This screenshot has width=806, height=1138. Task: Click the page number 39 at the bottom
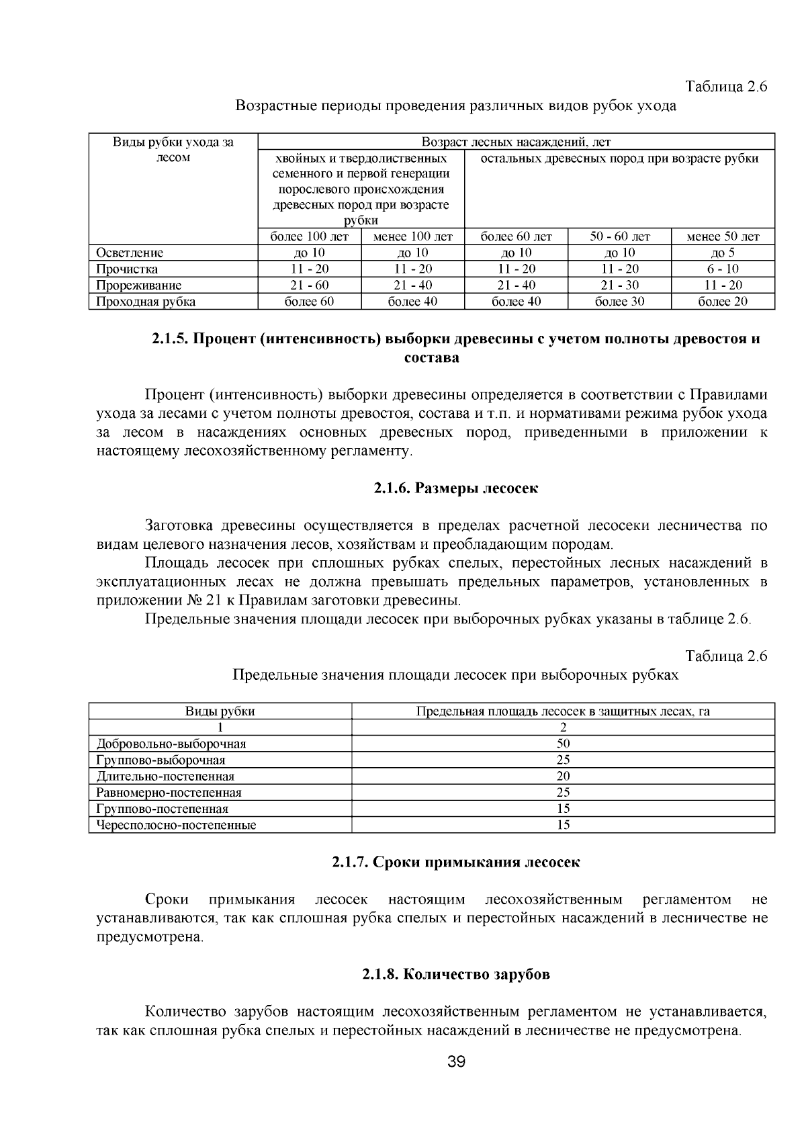[456, 1061]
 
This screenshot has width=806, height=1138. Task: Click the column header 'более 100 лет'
[310, 236]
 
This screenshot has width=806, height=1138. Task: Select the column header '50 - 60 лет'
[619, 236]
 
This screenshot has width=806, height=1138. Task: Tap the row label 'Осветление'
[130, 253]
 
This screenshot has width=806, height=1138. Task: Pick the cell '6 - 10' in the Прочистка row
[723, 269]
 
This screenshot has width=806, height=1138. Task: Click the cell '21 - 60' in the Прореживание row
[310, 286]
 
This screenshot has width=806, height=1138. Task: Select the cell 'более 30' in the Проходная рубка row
[619, 302]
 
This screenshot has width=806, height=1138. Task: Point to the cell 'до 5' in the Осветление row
[723, 253]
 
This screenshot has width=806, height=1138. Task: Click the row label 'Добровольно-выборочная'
[171, 744]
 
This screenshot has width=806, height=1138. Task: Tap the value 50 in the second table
[563, 744]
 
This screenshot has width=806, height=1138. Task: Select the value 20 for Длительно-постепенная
[563, 776]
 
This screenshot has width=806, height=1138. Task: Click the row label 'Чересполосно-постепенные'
[176, 825]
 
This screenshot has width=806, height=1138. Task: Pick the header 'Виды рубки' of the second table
[220, 711]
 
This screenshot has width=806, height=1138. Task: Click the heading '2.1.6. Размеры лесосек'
[456, 488]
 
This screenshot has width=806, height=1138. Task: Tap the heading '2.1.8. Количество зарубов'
[456, 974]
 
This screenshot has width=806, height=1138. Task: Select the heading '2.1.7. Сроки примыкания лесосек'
[456, 862]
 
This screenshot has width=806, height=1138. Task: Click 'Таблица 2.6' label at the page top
[725, 87]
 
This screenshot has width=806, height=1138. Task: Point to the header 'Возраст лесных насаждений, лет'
[516, 142]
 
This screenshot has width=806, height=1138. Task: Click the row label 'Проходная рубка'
[146, 302]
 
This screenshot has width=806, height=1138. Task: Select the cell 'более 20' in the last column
[723, 302]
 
